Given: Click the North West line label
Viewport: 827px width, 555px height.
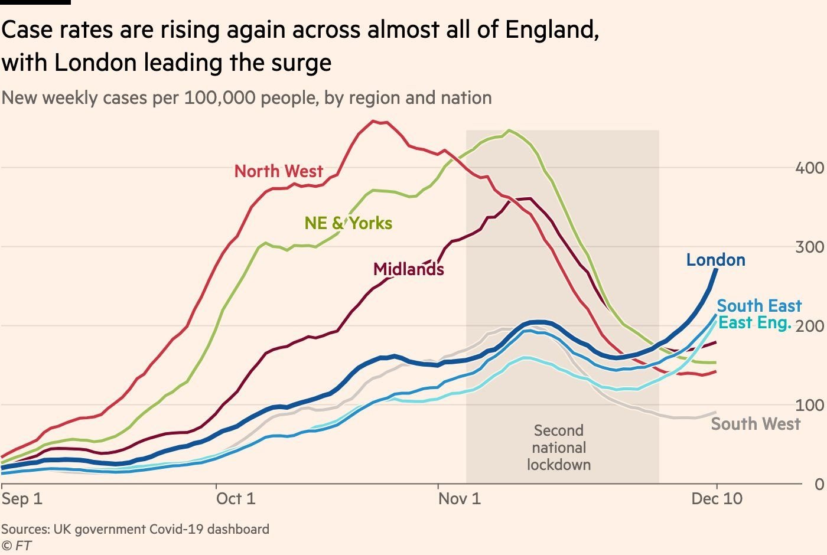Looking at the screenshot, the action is click(279, 171).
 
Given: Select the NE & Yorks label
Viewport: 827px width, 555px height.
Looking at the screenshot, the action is click(348, 223).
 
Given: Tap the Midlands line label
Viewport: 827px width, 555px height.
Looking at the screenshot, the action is click(408, 269).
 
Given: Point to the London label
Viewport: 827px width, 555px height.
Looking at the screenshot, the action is click(716, 260).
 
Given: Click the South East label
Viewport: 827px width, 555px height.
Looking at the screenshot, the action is click(760, 306).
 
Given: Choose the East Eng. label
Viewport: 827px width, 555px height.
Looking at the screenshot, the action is click(755, 323).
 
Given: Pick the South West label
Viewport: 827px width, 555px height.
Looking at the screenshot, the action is click(756, 424).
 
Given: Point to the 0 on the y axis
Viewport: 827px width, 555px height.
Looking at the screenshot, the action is click(819, 485).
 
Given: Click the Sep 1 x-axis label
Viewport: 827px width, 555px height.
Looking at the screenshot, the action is click(22, 499).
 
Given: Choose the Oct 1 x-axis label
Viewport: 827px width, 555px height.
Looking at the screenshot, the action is click(236, 499).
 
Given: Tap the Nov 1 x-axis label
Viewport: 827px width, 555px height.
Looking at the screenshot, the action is click(460, 499).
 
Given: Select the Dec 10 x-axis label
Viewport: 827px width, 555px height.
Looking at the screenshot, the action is click(717, 499).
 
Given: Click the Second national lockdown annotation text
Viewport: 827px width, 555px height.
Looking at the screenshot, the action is click(559, 448).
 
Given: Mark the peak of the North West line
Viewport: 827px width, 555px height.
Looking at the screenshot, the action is click(373, 120).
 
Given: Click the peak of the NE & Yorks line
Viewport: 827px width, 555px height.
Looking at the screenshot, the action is click(509, 130).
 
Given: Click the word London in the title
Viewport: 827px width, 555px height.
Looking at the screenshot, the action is click(96, 63).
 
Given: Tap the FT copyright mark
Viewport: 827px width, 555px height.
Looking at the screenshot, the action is click(17, 546).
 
